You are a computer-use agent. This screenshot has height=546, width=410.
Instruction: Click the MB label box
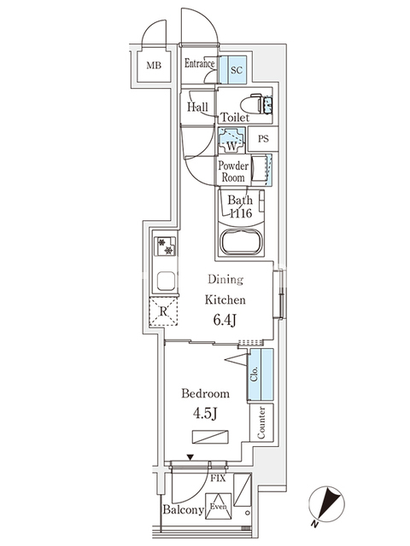pyautogui.click(x=154, y=66)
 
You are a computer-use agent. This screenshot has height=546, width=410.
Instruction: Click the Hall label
pyautogui.click(x=198, y=107)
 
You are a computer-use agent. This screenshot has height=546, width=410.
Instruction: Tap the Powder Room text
pyautogui.click(x=232, y=171)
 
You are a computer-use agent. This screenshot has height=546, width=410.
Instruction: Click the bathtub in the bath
pyautogui.click(x=243, y=242)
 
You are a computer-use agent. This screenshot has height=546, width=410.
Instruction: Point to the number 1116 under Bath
pyautogui.click(x=240, y=215)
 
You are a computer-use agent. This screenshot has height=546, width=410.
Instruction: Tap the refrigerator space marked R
pyautogui.click(x=164, y=313)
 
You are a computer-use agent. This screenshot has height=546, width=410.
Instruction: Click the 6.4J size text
pyautogui.click(x=225, y=320)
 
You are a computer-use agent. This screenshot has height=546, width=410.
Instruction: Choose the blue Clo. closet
pyautogui.click(x=261, y=375)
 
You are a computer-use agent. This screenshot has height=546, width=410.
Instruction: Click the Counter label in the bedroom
pyautogui.click(x=261, y=422)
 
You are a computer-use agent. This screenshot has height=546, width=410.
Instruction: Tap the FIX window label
pyautogui.click(x=218, y=479)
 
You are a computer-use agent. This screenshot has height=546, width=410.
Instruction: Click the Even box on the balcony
pyautogui.click(x=219, y=504)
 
